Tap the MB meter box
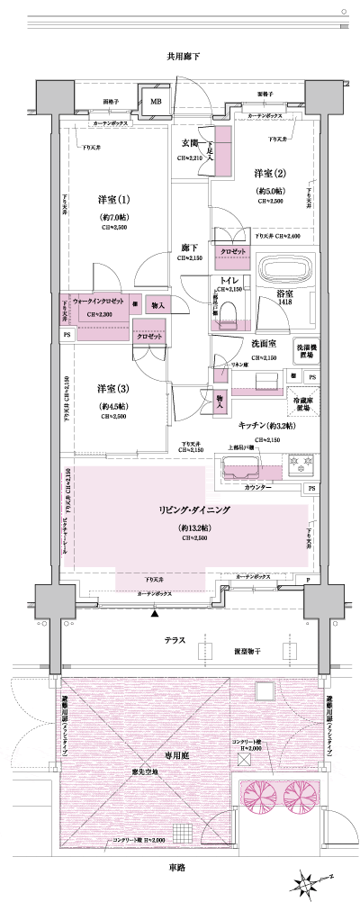(x=155, y=102)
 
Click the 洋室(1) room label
(x=113, y=199)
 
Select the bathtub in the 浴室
(x=283, y=270)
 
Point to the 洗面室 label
(x=263, y=343)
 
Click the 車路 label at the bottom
(x=175, y=867)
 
